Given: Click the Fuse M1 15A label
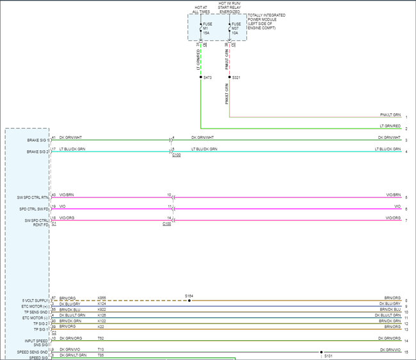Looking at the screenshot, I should click(x=206, y=28).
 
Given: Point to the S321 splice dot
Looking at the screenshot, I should click(x=229, y=77).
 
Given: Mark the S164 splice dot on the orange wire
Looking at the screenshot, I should click(x=189, y=299).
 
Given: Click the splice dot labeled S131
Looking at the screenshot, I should click(x=321, y=352).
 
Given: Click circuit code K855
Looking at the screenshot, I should click(x=102, y=299).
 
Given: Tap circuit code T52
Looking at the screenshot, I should click(x=100, y=338).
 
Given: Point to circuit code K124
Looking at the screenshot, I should click(x=102, y=304).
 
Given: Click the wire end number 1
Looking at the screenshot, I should click(x=406, y=118).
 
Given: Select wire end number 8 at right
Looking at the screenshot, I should click(x=406, y=300).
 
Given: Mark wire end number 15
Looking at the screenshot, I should click(x=406, y=352).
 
